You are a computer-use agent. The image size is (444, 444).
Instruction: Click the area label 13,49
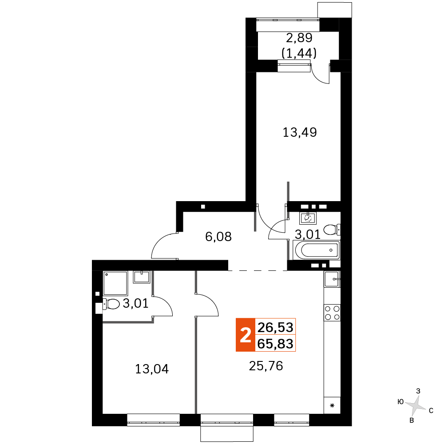[x=300, y=132]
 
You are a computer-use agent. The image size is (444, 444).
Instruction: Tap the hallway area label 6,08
[x=218, y=236]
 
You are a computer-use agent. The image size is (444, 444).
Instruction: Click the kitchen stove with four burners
[x=332, y=313]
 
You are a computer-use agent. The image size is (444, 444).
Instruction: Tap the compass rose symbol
[x=416, y=405]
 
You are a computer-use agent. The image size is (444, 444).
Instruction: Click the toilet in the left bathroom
[x=111, y=305]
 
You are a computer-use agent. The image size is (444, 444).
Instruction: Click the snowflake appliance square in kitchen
[x=331, y=405]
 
